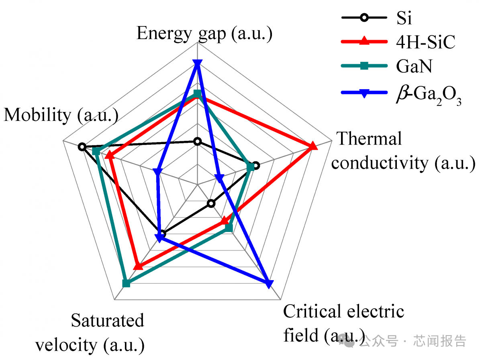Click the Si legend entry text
[x=404, y=18]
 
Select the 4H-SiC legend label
[x=425, y=42]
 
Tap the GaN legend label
[x=414, y=66]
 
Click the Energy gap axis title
[x=204, y=34]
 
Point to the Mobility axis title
[x=61, y=116]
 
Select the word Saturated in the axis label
[x=107, y=321]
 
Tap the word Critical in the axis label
[x=312, y=311]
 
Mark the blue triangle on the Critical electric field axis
[x=268, y=284]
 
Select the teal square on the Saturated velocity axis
[x=126, y=283]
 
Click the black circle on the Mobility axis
[x=82, y=147]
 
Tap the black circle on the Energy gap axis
[x=197, y=142]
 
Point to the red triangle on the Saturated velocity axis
[x=138, y=266]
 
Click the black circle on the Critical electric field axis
[x=211, y=203]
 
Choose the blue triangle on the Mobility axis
[x=158, y=172]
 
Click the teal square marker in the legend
[x=364, y=66]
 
